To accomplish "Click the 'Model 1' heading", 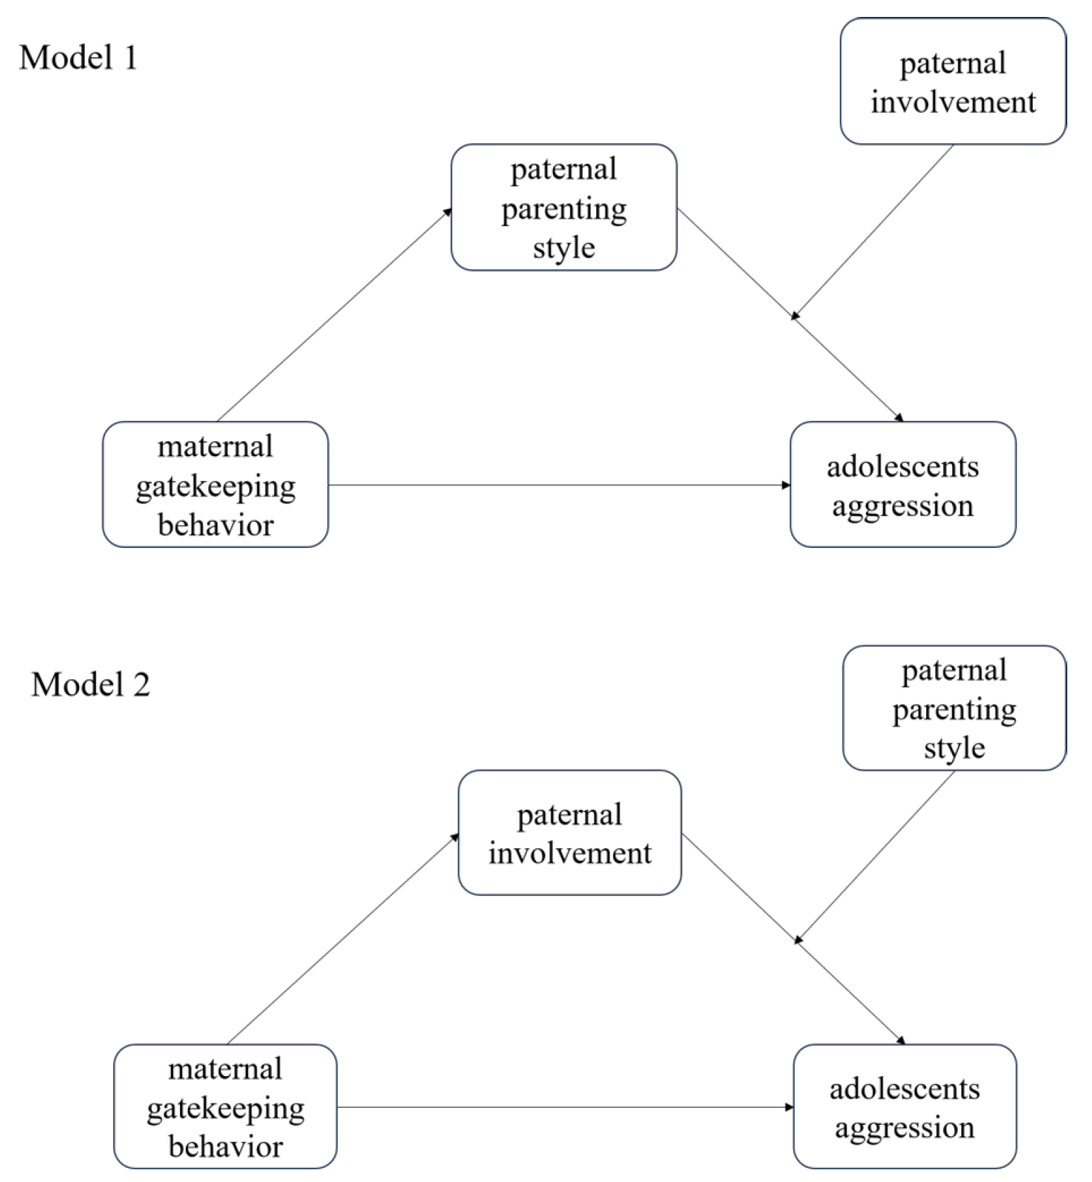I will [x=78, y=58].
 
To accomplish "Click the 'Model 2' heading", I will [x=90, y=685].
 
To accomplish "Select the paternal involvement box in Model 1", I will [x=953, y=82].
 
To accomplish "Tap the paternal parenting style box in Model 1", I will [x=564, y=208].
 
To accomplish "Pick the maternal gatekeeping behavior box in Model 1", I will [x=215, y=485].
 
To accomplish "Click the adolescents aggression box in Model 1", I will [x=903, y=485].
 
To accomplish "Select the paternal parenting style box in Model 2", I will [x=954, y=708].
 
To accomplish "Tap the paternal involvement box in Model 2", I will [x=569, y=833].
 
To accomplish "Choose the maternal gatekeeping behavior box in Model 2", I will [x=225, y=1107].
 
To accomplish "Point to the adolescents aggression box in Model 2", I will [x=905, y=1107].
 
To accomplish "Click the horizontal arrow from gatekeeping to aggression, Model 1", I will [x=558, y=485].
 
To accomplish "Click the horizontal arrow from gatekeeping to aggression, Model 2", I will [x=565, y=1107].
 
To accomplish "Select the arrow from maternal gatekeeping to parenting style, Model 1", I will [x=333, y=315].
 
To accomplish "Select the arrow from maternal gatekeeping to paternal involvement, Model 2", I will [x=343, y=939].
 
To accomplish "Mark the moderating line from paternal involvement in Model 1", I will [x=873, y=232].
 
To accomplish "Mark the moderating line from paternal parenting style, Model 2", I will [x=876, y=856].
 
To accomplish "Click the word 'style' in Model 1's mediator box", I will [x=564, y=248].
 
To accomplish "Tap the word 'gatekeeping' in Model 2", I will [x=225, y=1109].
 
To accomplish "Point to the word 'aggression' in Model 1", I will [x=903, y=506].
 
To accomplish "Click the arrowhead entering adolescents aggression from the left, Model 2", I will [x=789, y=1107].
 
